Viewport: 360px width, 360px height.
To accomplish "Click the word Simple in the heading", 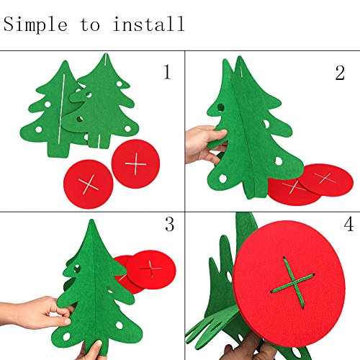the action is tap(35, 24).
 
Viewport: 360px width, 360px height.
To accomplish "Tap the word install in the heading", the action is tap(148, 24).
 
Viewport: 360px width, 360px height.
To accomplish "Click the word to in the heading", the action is tap(90, 24).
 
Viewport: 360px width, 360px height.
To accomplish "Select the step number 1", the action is tap(167, 72).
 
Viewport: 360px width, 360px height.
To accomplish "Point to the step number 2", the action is tap(340, 73).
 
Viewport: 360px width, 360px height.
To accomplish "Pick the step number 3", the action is tap(170, 224).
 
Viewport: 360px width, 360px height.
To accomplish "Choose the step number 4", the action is tap(348, 224).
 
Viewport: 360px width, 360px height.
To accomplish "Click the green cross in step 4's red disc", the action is tap(293, 283).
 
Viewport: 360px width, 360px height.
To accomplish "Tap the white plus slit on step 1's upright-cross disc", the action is tap(135, 164).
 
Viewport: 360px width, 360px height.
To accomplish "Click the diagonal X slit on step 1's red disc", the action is tap(89, 184).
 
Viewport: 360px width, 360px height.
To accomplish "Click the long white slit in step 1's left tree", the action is tap(62, 109).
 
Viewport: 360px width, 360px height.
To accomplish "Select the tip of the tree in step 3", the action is tap(91, 220).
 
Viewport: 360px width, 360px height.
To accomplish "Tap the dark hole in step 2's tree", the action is tap(220, 107).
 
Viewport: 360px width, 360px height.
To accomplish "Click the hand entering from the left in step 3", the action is tap(36, 312).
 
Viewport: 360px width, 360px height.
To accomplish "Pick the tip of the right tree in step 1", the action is tap(105, 54).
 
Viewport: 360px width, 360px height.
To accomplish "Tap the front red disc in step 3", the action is tap(151, 269).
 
